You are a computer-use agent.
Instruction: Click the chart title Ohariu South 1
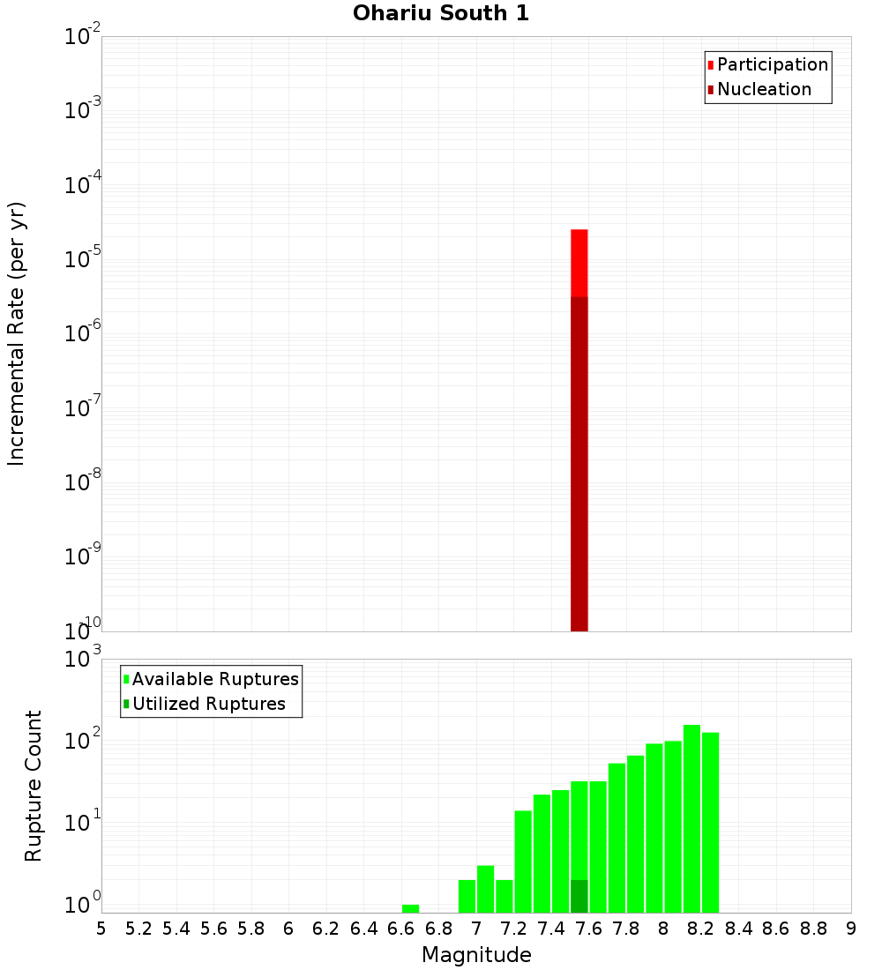click(x=441, y=14)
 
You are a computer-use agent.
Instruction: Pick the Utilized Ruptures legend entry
click(x=208, y=704)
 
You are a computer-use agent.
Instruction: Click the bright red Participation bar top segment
click(x=579, y=263)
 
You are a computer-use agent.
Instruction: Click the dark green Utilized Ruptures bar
click(x=579, y=896)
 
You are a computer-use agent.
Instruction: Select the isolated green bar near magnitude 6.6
click(x=410, y=908)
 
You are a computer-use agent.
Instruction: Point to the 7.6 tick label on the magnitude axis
click(x=588, y=929)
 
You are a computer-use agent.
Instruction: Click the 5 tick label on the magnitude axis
click(x=101, y=929)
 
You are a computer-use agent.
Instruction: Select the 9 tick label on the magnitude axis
click(x=851, y=929)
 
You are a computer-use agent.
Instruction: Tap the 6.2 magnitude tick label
click(x=325, y=929)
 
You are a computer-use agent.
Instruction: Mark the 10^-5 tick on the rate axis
click(x=84, y=259)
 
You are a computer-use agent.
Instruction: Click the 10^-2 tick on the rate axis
click(x=84, y=37)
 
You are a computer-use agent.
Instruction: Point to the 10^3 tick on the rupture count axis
click(x=84, y=659)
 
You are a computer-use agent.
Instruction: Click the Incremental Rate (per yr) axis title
click(x=17, y=333)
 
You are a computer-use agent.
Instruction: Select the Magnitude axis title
click(x=476, y=955)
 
